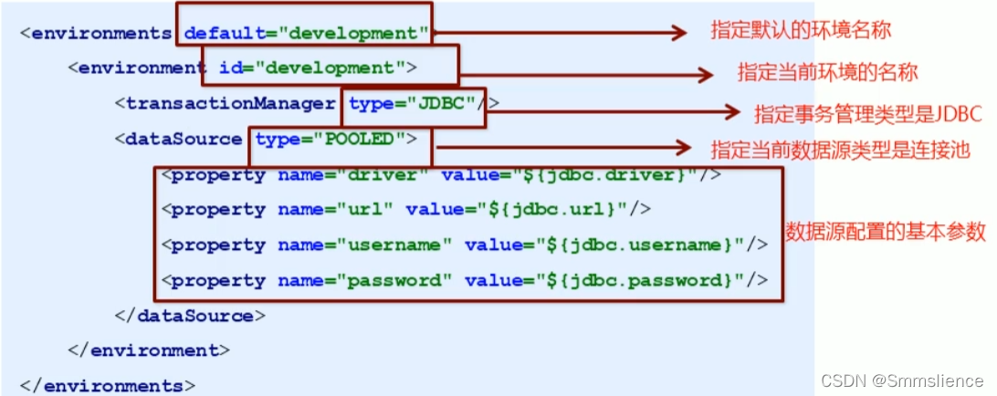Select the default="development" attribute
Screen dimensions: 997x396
306,34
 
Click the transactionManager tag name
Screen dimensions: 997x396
230,103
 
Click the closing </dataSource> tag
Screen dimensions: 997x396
190,316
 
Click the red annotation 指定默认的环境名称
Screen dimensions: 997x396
801,30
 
